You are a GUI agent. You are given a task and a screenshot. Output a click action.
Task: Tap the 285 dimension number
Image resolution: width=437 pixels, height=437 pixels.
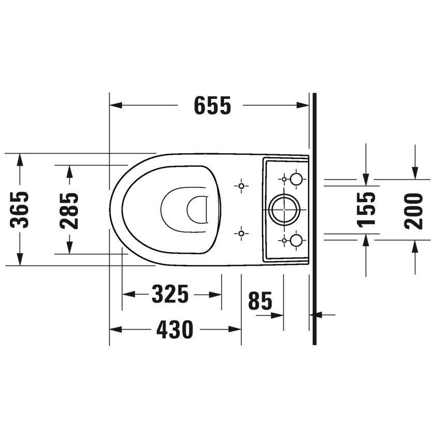69,210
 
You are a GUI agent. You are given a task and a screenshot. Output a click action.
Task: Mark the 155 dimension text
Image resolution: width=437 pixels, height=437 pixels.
366,209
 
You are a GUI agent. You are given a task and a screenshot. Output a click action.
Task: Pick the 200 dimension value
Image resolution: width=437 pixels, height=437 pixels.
414,210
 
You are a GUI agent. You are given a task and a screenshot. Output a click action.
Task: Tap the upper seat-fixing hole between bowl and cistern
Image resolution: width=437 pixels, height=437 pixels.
241,185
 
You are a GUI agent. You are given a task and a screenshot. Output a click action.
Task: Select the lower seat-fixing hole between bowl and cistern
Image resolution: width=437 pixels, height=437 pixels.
241,234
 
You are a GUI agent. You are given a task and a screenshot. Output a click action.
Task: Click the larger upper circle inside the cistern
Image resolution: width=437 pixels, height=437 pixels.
296,179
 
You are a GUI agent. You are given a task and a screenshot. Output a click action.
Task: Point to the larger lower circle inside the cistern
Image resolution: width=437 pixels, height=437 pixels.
296,240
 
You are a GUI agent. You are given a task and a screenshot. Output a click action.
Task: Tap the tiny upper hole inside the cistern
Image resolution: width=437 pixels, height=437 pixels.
284,179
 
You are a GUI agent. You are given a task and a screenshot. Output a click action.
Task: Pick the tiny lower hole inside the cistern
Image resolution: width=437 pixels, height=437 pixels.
284,240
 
